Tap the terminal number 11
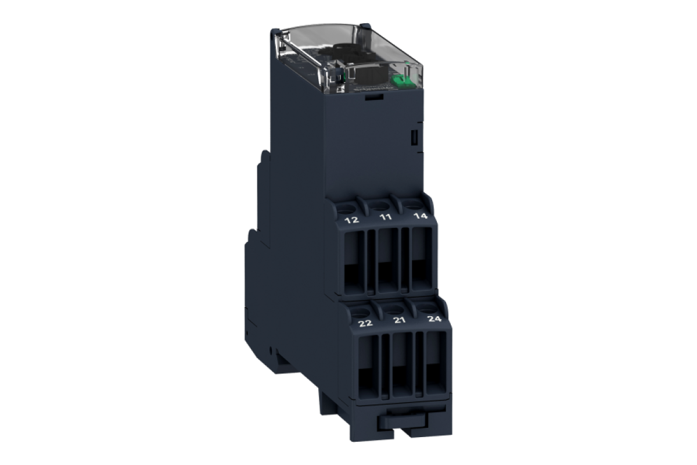pyautogui.click(x=385, y=217)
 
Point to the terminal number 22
pyautogui.click(x=365, y=323)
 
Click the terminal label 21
pyautogui.click(x=399, y=320)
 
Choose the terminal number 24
pyautogui.click(x=434, y=319)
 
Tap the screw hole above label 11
pyautogui.click(x=380, y=204)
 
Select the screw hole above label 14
pyautogui.click(x=414, y=202)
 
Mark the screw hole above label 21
pyautogui.click(x=394, y=307)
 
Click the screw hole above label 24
pyautogui.click(x=428, y=306)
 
